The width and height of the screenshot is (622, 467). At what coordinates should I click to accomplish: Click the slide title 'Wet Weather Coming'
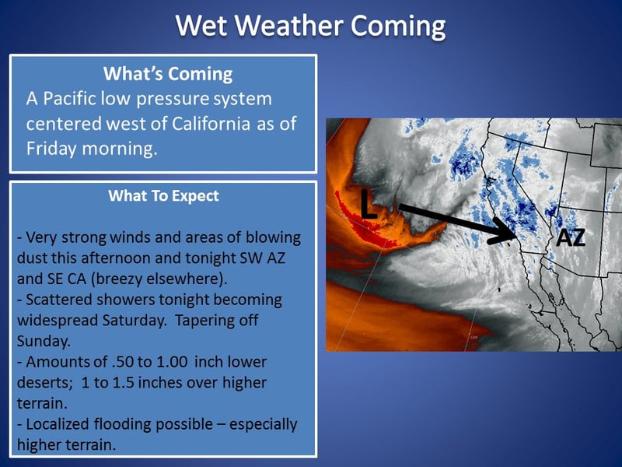[x=310, y=26]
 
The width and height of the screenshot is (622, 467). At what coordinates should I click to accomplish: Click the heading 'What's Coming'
[x=168, y=74]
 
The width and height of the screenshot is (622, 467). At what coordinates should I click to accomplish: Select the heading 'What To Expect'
[x=163, y=196]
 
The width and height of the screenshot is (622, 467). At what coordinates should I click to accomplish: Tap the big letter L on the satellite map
[x=369, y=204]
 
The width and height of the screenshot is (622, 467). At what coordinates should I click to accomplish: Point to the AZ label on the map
[x=571, y=238]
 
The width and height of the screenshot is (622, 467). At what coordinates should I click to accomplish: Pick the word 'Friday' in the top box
[x=51, y=149]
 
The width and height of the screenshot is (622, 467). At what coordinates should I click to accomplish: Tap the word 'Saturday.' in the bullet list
[x=135, y=320]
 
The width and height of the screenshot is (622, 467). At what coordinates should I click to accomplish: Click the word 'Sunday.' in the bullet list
[x=44, y=341]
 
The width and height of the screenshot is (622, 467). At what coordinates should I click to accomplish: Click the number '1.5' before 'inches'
[x=124, y=382]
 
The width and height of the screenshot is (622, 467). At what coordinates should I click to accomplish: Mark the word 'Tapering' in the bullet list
[x=204, y=321]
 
